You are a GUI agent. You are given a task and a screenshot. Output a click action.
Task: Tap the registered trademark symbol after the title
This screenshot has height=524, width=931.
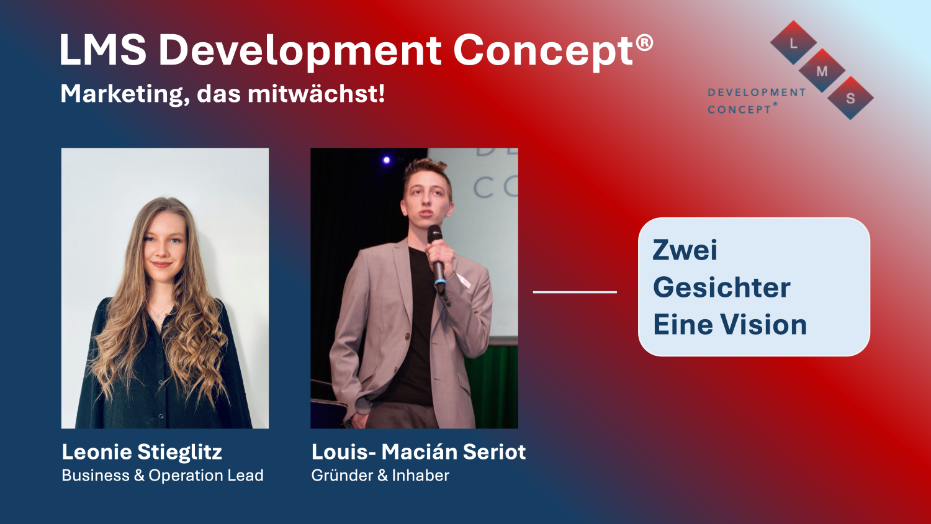point(645,43)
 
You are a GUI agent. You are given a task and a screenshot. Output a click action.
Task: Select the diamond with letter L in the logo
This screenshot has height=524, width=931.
point(793,42)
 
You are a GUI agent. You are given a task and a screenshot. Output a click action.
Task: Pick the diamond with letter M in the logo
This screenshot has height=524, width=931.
point(822,70)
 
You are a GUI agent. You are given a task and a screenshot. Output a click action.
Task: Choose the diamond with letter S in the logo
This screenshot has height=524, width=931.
point(850,97)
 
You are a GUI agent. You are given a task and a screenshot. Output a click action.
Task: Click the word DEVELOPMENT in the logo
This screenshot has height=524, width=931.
point(757,93)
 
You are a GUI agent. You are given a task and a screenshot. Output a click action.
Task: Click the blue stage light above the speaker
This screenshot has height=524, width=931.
point(387,160)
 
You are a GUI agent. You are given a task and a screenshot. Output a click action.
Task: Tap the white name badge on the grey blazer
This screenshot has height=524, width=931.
point(464,281)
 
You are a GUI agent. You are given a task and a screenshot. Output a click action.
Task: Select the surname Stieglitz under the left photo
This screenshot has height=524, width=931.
point(179,452)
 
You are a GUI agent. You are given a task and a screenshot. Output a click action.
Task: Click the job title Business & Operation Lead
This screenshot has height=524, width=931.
point(163,476)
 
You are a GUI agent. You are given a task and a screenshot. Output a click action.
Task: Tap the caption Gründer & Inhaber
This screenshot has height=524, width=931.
point(380,476)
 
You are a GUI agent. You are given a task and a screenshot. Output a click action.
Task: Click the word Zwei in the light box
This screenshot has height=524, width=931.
point(685,250)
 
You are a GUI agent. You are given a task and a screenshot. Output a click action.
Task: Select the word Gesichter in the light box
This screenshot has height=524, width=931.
point(721,287)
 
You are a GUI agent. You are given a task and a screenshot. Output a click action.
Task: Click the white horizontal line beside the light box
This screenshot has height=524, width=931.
point(575,292)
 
